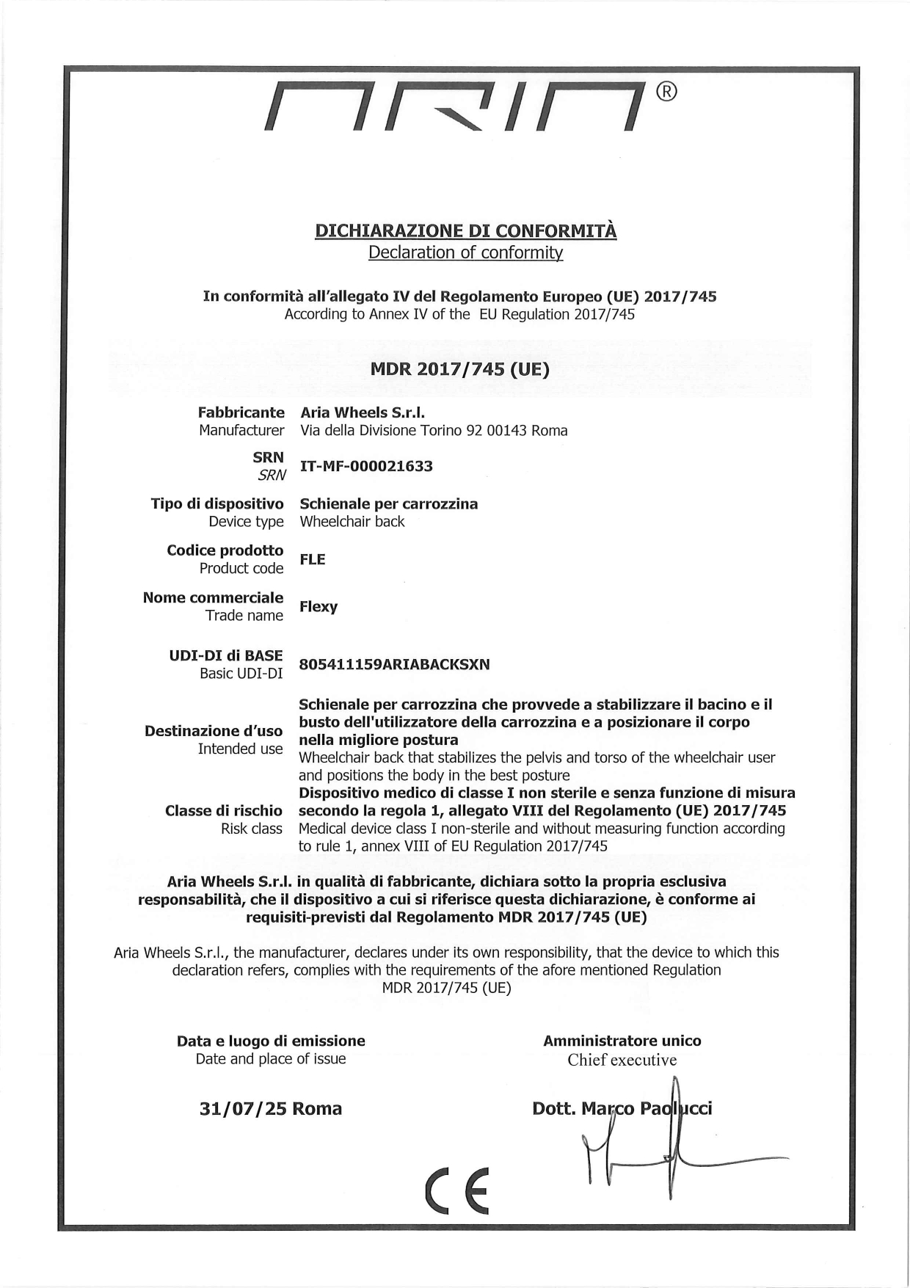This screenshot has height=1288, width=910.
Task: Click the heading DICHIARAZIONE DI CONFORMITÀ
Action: click(x=465, y=230)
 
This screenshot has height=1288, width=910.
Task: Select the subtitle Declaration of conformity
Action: click(x=465, y=252)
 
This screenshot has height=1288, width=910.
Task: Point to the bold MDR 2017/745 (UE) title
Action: click(x=459, y=368)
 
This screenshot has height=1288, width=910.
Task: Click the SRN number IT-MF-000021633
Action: click(x=366, y=466)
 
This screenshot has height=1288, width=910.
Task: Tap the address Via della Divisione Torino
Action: click(x=434, y=431)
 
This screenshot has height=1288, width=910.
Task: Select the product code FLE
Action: click(x=312, y=559)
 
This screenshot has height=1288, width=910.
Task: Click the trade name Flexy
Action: click(x=318, y=607)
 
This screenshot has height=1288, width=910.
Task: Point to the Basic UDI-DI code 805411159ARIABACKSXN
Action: click(x=394, y=665)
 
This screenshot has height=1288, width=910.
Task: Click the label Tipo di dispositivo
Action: click(x=217, y=504)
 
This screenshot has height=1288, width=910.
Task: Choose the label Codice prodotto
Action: click(x=225, y=550)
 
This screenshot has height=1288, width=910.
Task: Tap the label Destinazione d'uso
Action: click(x=214, y=731)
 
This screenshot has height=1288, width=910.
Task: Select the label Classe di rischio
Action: click(x=223, y=811)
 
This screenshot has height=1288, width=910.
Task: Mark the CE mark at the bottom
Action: click(x=456, y=1190)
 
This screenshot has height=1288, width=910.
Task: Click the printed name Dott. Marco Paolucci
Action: click(x=622, y=1108)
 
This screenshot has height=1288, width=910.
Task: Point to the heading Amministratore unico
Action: click(x=622, y=1041)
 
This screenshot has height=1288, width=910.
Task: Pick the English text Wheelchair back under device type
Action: click(x=352, y=522)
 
